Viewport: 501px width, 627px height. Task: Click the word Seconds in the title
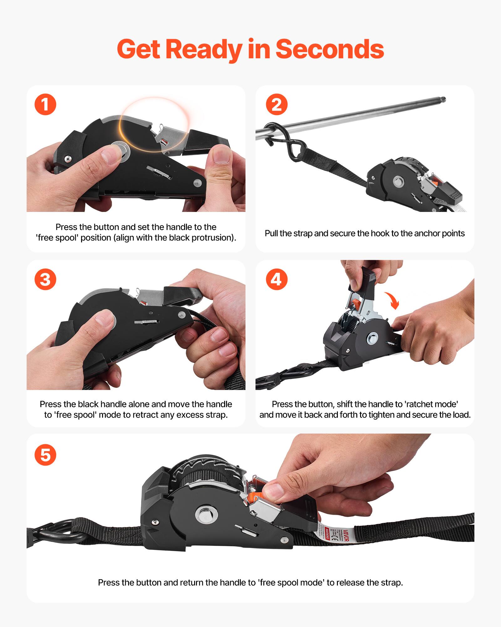329,49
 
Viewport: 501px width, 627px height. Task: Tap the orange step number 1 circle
45,104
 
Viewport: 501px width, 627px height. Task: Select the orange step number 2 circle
276,104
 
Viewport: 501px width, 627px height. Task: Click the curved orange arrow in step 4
393,300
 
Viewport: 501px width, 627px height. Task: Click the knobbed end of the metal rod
442,100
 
